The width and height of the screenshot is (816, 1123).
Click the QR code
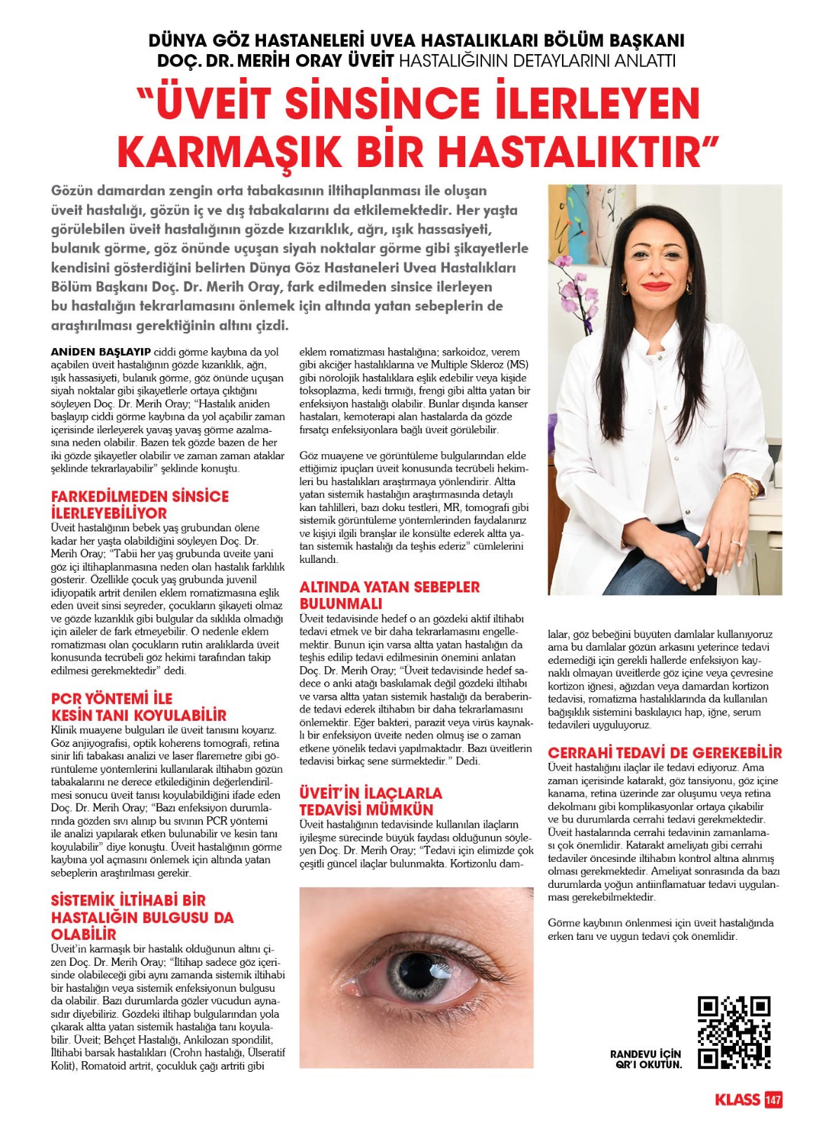(x=733, y=1032)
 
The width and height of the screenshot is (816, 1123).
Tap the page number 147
(x=773, y=1099)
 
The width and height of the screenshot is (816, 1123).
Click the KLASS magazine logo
(x=737, y=1099)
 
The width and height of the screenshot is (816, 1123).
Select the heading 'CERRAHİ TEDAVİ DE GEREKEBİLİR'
(x=664, y=752)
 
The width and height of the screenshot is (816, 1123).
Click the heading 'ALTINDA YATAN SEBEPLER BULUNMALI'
(x=389, y=594)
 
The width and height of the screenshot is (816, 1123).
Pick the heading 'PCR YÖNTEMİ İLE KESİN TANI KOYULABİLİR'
(x=138, y=707)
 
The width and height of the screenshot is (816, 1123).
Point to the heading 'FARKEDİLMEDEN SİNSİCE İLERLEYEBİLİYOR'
(x=140, y=504)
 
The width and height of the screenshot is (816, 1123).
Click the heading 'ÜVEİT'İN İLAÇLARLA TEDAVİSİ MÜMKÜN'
(x=370, y=801)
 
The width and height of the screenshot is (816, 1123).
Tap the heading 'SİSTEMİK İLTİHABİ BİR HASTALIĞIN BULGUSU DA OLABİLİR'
(x=142, y=917)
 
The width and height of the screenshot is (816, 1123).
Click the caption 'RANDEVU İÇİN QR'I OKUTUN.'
(x=646, y=1059)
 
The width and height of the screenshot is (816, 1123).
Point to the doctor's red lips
(x=656, y=286)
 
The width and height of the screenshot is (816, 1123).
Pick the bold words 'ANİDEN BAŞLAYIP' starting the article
(x=100, y=352)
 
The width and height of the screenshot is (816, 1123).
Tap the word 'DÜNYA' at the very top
(x=179, y=41)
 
